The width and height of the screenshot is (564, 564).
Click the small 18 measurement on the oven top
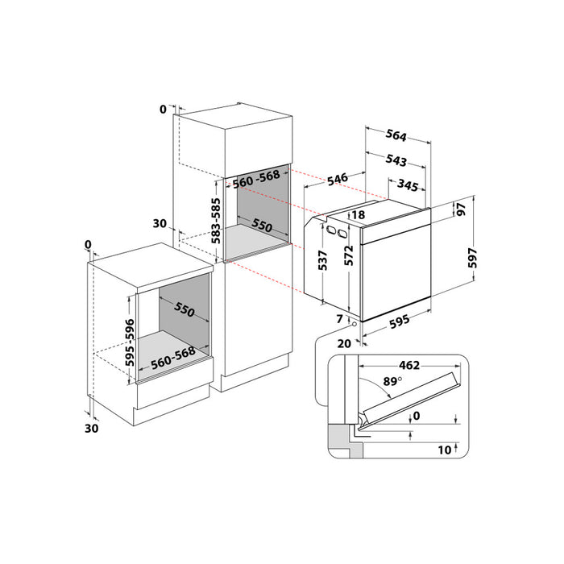tap(358, 214)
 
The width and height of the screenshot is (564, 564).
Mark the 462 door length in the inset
tap(410, 365)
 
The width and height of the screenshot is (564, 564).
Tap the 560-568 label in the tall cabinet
tap(256, 182)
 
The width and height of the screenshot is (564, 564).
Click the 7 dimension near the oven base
tap(339, 320)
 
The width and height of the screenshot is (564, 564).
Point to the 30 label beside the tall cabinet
tap(159, 223)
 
